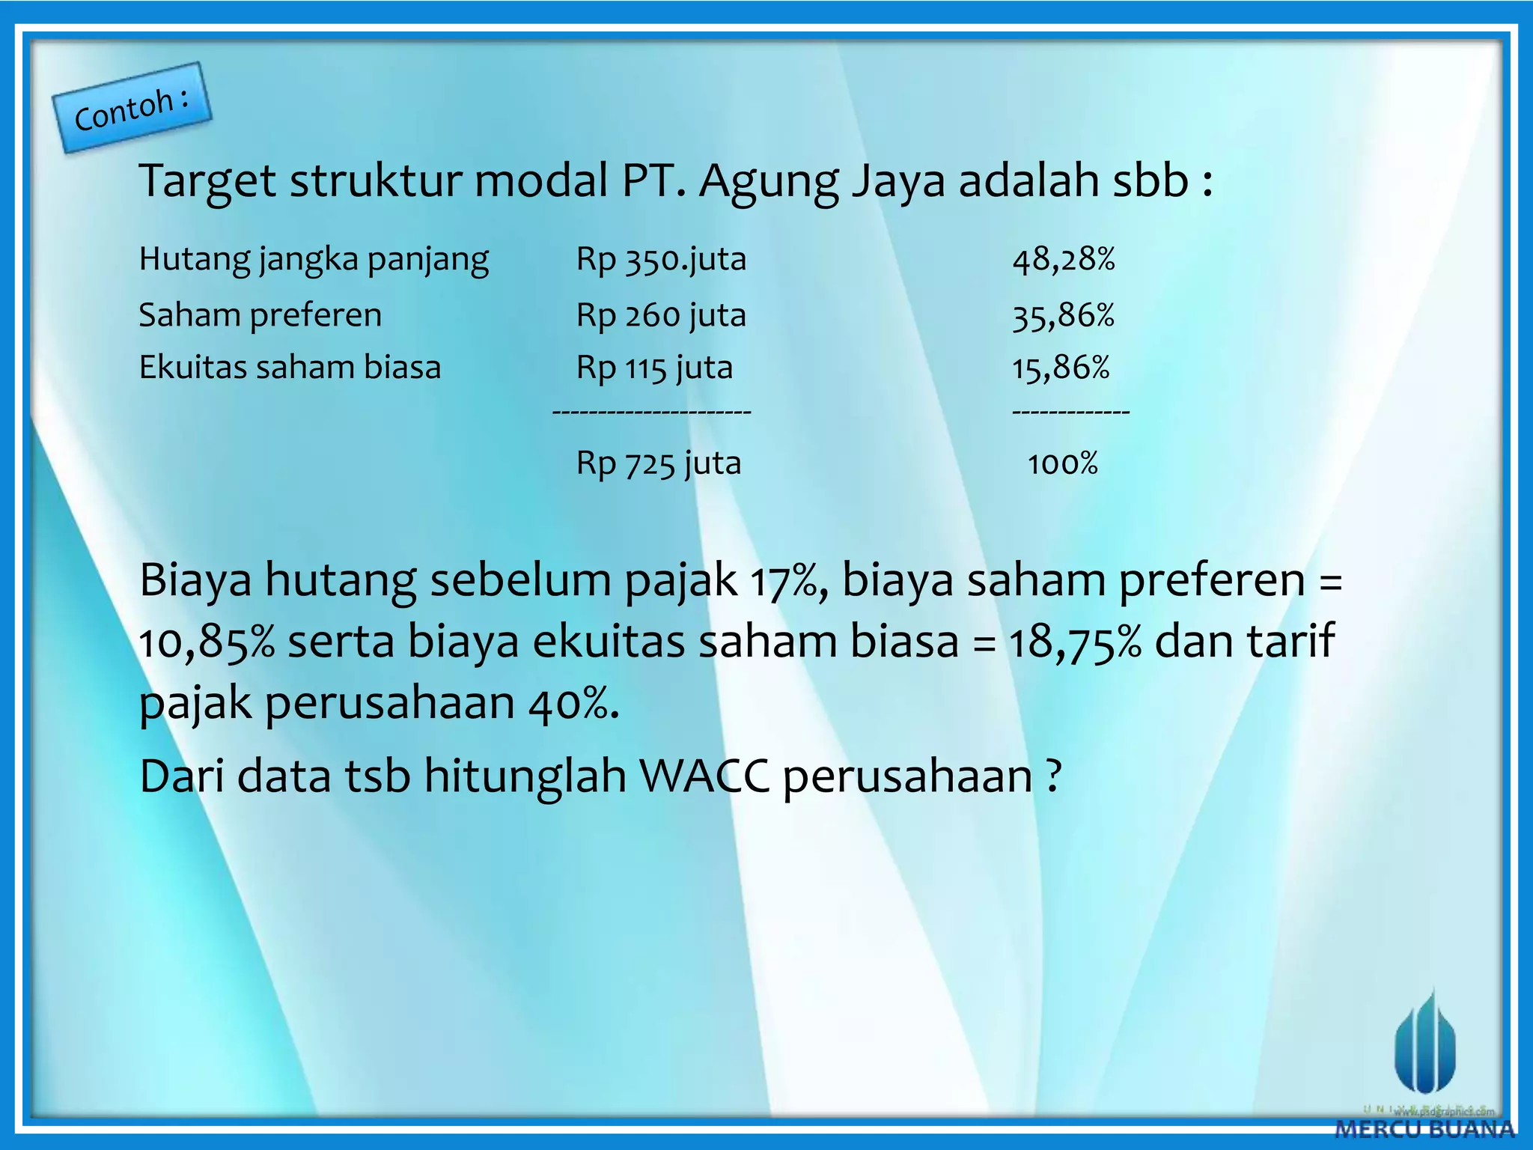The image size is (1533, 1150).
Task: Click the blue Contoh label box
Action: (132, 108)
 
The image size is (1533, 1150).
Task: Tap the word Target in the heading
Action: (207, 181)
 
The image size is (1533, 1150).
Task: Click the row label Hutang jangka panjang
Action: (314, 260)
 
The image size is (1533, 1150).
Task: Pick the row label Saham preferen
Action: (260, 315)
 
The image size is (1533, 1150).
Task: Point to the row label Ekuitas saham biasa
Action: (290, 368)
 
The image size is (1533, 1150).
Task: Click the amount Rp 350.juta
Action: (661, 260)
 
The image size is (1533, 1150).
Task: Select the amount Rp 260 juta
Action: (661, 315)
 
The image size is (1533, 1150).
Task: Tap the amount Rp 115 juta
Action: (654, 368)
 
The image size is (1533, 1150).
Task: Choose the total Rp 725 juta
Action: (658, 463)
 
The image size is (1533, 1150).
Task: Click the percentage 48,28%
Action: (1064, 260)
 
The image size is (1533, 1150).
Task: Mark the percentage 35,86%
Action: (1064, 315)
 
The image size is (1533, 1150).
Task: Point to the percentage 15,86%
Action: (1061, 368)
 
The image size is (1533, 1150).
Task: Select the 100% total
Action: (1062, 463)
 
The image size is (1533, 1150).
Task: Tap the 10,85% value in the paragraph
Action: (207, 642)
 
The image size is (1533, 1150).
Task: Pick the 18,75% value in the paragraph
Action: (1075, 642)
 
